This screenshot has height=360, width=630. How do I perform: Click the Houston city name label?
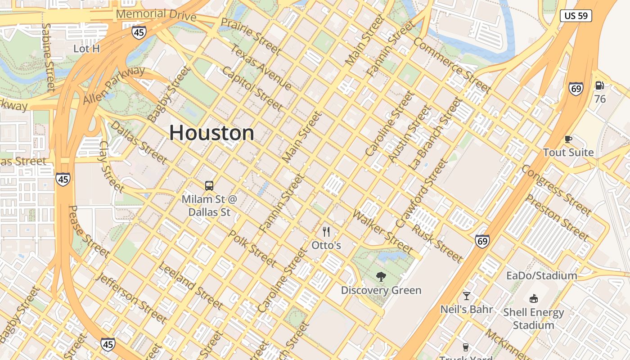point(211,133)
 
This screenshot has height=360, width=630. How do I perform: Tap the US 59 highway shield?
point(576,16)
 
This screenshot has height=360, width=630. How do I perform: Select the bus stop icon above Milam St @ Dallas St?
point(209,185)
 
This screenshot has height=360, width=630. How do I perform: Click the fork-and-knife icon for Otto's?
point(326,232)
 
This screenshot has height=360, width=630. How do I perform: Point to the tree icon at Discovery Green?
point(381,277)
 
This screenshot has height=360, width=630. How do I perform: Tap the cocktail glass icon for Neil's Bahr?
point(467,296)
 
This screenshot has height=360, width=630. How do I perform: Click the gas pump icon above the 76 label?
point(599,85)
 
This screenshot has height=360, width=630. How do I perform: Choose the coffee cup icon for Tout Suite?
point(568,139)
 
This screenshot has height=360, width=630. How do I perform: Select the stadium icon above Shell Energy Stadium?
point(533,298)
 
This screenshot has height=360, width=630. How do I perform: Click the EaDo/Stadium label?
point(541,275)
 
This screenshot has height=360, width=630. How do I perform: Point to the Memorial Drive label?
point(156,15)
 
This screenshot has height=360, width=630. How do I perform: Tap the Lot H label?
point(86,49)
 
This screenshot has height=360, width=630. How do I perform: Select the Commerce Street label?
point(452,65)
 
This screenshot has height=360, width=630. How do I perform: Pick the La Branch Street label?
point(435,134)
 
